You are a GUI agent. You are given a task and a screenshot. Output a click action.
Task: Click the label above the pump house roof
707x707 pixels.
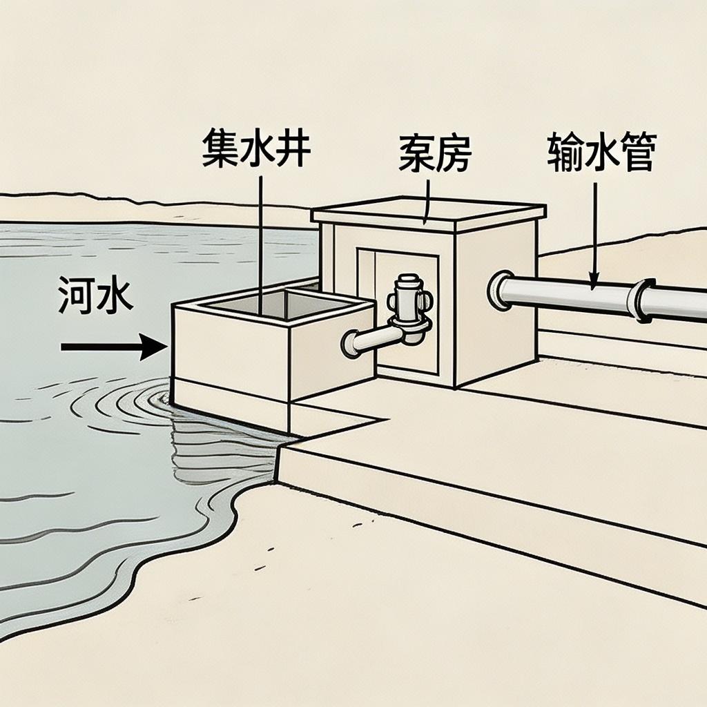pyautogui.click(x=434, y=155)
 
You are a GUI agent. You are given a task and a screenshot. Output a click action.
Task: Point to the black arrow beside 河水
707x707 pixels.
pyautogui.click(x=114, y=345)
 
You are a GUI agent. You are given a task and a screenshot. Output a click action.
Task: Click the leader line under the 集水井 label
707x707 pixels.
pyautogui.click(x=261, y=235)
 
